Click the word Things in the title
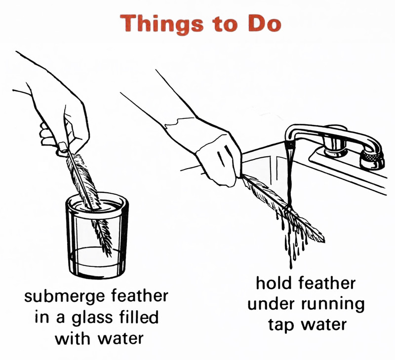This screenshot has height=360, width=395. point(161,24)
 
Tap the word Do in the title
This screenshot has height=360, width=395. point(265,24)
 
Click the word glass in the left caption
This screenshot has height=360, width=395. point(92,317)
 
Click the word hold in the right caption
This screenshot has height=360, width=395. point(274,283)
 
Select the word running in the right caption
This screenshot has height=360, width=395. point(333,305)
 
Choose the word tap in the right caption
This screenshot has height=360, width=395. point(280,325)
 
